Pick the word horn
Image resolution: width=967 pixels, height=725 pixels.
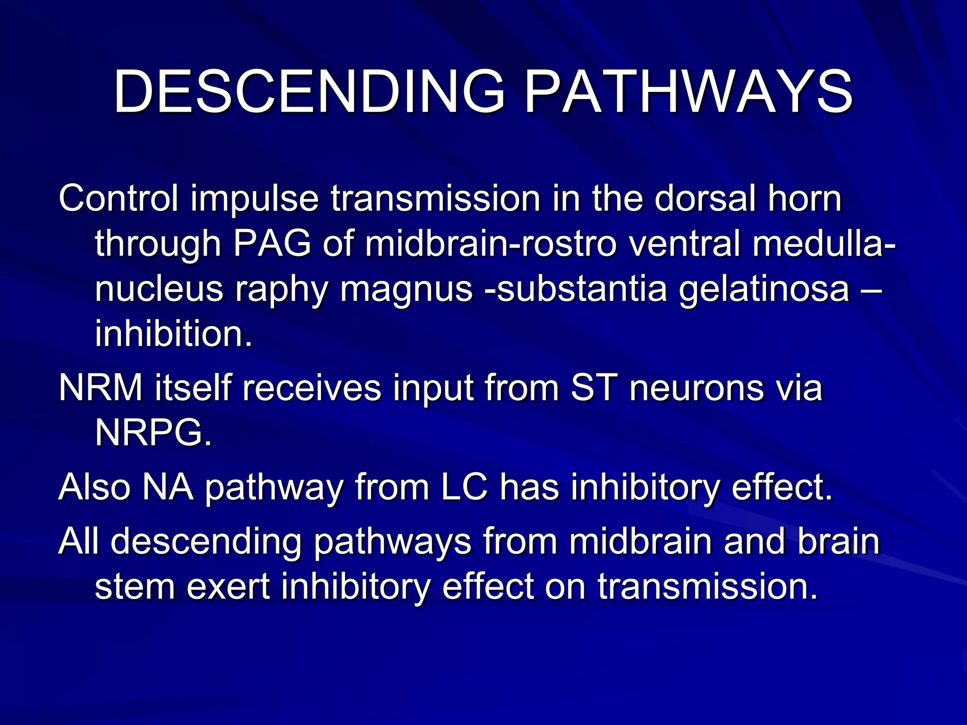[805, 198]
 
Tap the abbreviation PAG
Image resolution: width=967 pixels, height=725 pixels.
[271, 244]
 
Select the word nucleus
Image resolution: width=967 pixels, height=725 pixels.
[159, 289]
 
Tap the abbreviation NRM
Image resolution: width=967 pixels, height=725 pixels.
[101, 388]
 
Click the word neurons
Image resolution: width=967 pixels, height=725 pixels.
[696, 388]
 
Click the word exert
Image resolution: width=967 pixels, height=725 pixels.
[229, 587]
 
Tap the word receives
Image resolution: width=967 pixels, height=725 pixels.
[312, 388]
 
